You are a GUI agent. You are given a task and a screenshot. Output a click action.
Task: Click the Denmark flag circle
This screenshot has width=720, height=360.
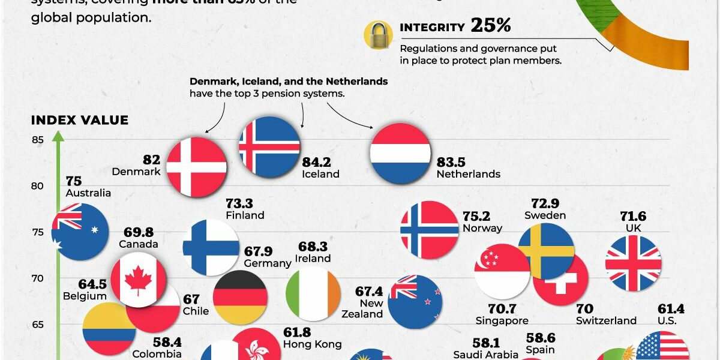196,167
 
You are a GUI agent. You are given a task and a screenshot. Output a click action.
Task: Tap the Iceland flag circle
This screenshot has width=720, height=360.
269,146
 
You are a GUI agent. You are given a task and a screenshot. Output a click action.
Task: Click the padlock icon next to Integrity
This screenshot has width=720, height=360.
379,34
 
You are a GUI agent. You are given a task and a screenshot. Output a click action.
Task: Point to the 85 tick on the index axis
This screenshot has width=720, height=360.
38,140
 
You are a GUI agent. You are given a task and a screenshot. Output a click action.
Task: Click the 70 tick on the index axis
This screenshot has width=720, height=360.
38,278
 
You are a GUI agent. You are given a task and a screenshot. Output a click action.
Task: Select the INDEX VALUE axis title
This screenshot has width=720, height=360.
80,121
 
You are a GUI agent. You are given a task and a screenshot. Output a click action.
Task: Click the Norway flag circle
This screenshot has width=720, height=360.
430,230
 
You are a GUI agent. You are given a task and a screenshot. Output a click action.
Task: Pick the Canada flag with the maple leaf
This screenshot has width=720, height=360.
139,280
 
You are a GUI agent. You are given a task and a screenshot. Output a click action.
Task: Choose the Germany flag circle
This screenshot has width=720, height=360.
241,298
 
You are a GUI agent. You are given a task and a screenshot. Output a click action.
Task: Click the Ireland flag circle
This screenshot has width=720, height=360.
314,294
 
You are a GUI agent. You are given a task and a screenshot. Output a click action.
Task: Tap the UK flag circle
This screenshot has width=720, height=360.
633,263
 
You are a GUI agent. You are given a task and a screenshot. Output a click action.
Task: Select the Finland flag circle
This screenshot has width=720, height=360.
211,247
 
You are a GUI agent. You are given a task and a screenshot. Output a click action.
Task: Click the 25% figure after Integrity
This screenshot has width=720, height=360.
490,26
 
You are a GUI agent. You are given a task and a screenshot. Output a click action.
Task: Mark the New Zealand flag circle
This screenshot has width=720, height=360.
415,302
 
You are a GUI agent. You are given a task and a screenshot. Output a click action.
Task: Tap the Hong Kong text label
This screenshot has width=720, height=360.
312,344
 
